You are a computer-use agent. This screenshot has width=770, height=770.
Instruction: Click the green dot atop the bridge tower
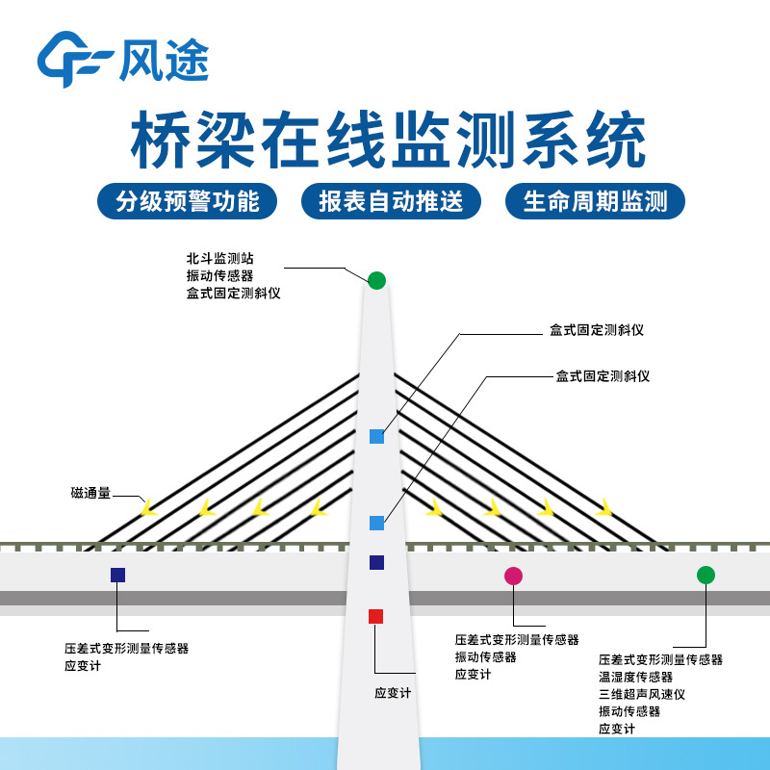(376, 280)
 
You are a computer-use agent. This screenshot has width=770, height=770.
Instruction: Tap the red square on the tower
(376, 616)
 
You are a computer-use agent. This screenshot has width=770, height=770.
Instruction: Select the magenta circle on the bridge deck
(513, 576)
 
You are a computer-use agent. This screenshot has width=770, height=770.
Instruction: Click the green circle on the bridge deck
(706, 575)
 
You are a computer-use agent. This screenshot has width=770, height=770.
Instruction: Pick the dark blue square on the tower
(376, 562)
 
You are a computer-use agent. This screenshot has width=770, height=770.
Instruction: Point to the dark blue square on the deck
(117, 575)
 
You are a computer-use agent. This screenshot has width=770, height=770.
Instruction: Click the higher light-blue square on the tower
(376, 437)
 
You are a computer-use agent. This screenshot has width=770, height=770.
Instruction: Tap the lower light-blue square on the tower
(376, 523)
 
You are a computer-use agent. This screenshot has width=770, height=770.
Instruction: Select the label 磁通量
(91, 493)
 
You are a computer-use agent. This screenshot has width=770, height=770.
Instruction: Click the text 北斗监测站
(220, 259)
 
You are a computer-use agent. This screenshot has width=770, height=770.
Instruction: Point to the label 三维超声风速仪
(643, 694)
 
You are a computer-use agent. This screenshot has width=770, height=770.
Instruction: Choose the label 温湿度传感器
(636, 677)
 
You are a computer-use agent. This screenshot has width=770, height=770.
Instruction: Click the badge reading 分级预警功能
(187, 201)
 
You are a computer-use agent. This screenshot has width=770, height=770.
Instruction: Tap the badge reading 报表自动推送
(390, 201)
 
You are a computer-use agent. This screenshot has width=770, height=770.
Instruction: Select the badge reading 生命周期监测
(594, 201)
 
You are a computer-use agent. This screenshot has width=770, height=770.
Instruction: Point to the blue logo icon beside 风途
(74, 61)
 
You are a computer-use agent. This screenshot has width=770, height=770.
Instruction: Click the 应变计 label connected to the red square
(393, 692)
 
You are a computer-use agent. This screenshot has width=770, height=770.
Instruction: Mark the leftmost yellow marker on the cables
(148, 507)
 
